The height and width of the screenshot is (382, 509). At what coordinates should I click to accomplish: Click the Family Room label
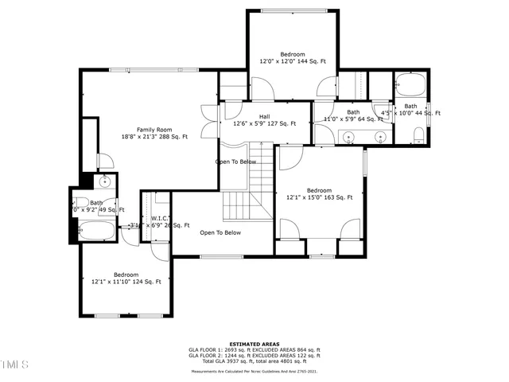click(x=154, y=130)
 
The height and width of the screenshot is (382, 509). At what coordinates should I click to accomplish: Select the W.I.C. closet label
click(x=157, y=217)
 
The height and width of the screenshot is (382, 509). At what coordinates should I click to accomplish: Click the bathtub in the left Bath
click(x=96, y=233)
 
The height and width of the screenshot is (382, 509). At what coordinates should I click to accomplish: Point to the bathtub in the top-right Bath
click(x=411, y=84)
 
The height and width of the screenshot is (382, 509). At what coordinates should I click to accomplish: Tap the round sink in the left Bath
click(x=104, y=182)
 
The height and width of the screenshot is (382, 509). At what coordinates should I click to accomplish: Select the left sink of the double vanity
click(x=350, y=138)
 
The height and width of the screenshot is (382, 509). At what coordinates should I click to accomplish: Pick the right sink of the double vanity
click(x=380, y=138)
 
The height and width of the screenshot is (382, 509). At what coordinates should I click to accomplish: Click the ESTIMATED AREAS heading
click(x=254, y=344)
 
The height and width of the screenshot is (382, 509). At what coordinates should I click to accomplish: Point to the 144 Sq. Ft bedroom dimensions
click(x=293, y=61)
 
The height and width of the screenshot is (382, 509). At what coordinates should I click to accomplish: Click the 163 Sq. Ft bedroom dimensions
click(x=319, y=197)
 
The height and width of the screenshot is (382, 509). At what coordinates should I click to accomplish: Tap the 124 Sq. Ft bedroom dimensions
click(x=126, y=282)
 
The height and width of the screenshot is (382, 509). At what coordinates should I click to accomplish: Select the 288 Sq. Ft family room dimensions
click(x=154, y=137)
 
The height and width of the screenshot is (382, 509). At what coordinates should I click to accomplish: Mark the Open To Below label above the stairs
click(x=235, y=162)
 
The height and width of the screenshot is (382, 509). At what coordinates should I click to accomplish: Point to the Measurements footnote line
click(x=254, y=371)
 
